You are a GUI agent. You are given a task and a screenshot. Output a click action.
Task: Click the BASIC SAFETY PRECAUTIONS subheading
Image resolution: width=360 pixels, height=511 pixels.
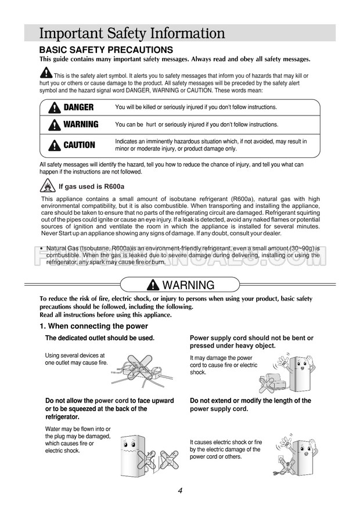point(106,50)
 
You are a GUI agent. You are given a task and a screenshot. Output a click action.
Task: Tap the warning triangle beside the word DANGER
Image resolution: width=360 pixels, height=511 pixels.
point(55,107)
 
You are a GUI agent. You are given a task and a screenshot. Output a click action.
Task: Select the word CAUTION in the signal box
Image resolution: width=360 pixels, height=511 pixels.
point(79,145)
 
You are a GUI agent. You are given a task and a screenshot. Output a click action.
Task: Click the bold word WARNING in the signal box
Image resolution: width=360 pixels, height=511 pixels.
point(81,124)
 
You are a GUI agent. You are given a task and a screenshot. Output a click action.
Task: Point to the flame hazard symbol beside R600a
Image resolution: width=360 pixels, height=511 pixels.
point(48,186)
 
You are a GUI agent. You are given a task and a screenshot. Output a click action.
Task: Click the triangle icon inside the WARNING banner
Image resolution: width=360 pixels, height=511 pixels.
point(153,285)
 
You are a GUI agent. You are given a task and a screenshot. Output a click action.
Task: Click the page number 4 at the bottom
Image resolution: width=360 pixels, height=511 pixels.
point(181,491)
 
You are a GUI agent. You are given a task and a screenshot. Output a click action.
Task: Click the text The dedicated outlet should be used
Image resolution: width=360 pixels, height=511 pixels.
point(99,338)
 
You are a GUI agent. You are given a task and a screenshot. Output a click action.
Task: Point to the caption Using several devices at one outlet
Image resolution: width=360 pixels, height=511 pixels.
point(75,359)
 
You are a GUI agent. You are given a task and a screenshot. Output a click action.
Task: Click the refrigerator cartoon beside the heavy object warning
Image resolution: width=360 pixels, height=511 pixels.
point(303,372)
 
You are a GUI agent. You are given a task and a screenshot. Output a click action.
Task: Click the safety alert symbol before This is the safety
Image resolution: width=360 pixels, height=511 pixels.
point(46,74)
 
